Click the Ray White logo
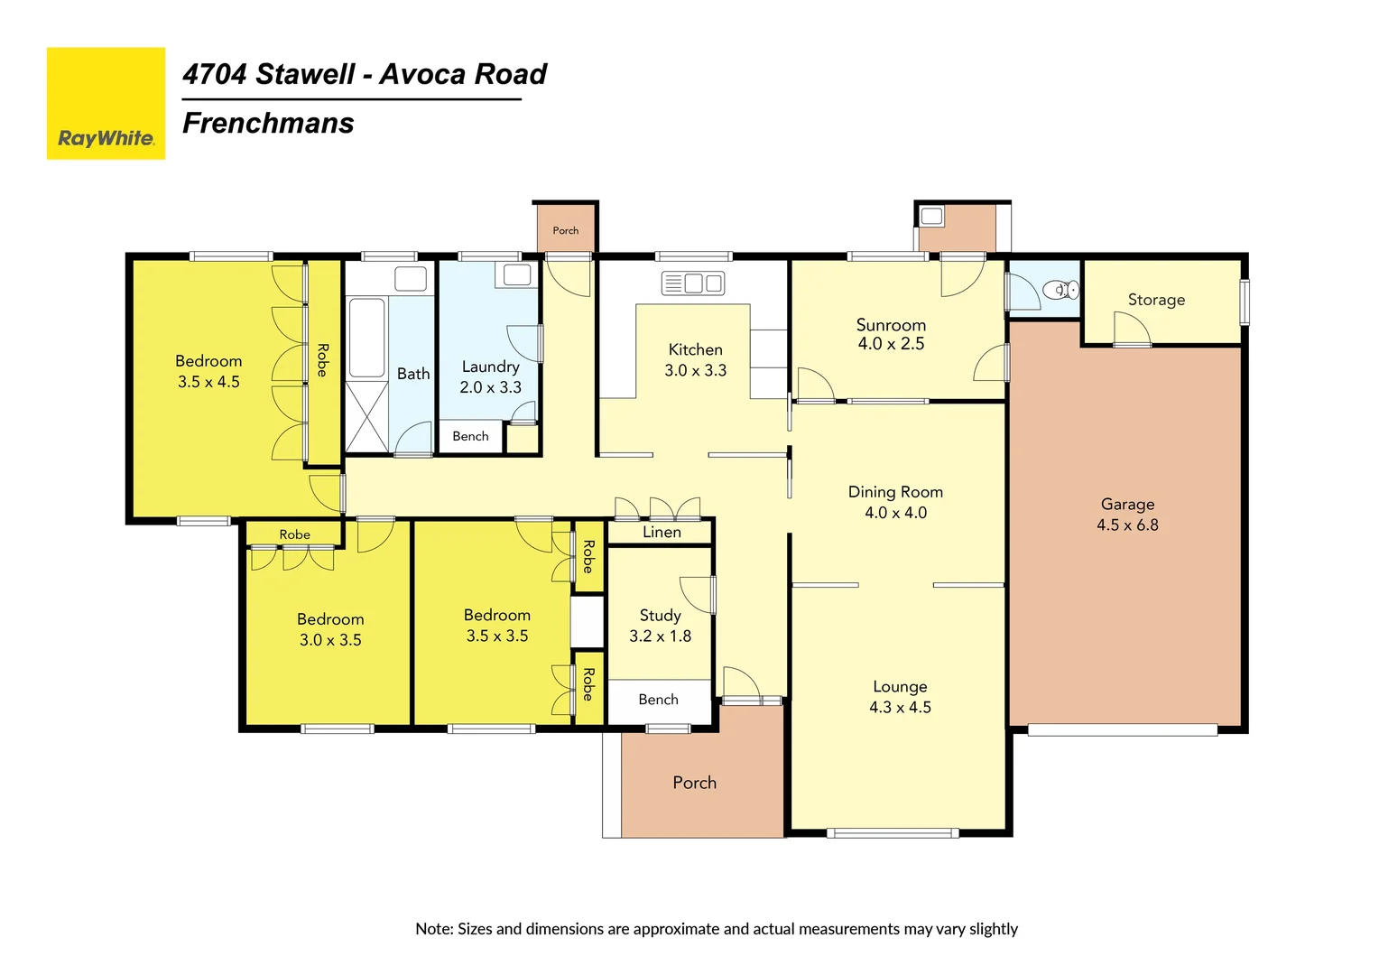tap(106, 104)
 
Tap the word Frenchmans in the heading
tap(268, 123)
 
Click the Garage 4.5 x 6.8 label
tap(1127, 515)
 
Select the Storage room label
tap(1156, 300)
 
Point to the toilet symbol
tap(1060, 290)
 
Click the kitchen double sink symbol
tap(693, 283)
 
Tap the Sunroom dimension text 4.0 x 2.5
tap(891, 344)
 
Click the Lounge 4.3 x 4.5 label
tap(900, 697)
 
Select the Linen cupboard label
tap(662, 533)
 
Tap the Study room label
tap(660, 616)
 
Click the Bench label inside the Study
tap(658, 700)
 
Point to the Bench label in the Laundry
tap(470, 436)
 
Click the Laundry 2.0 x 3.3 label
tap(490, 376)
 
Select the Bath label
tap(413, 374)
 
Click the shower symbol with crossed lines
tap(367, 416)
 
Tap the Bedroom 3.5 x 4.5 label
tap(208, 371)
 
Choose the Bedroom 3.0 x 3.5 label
tap(330, 629)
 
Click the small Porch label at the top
tap(566, 231)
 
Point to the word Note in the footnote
tap(433, 929)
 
